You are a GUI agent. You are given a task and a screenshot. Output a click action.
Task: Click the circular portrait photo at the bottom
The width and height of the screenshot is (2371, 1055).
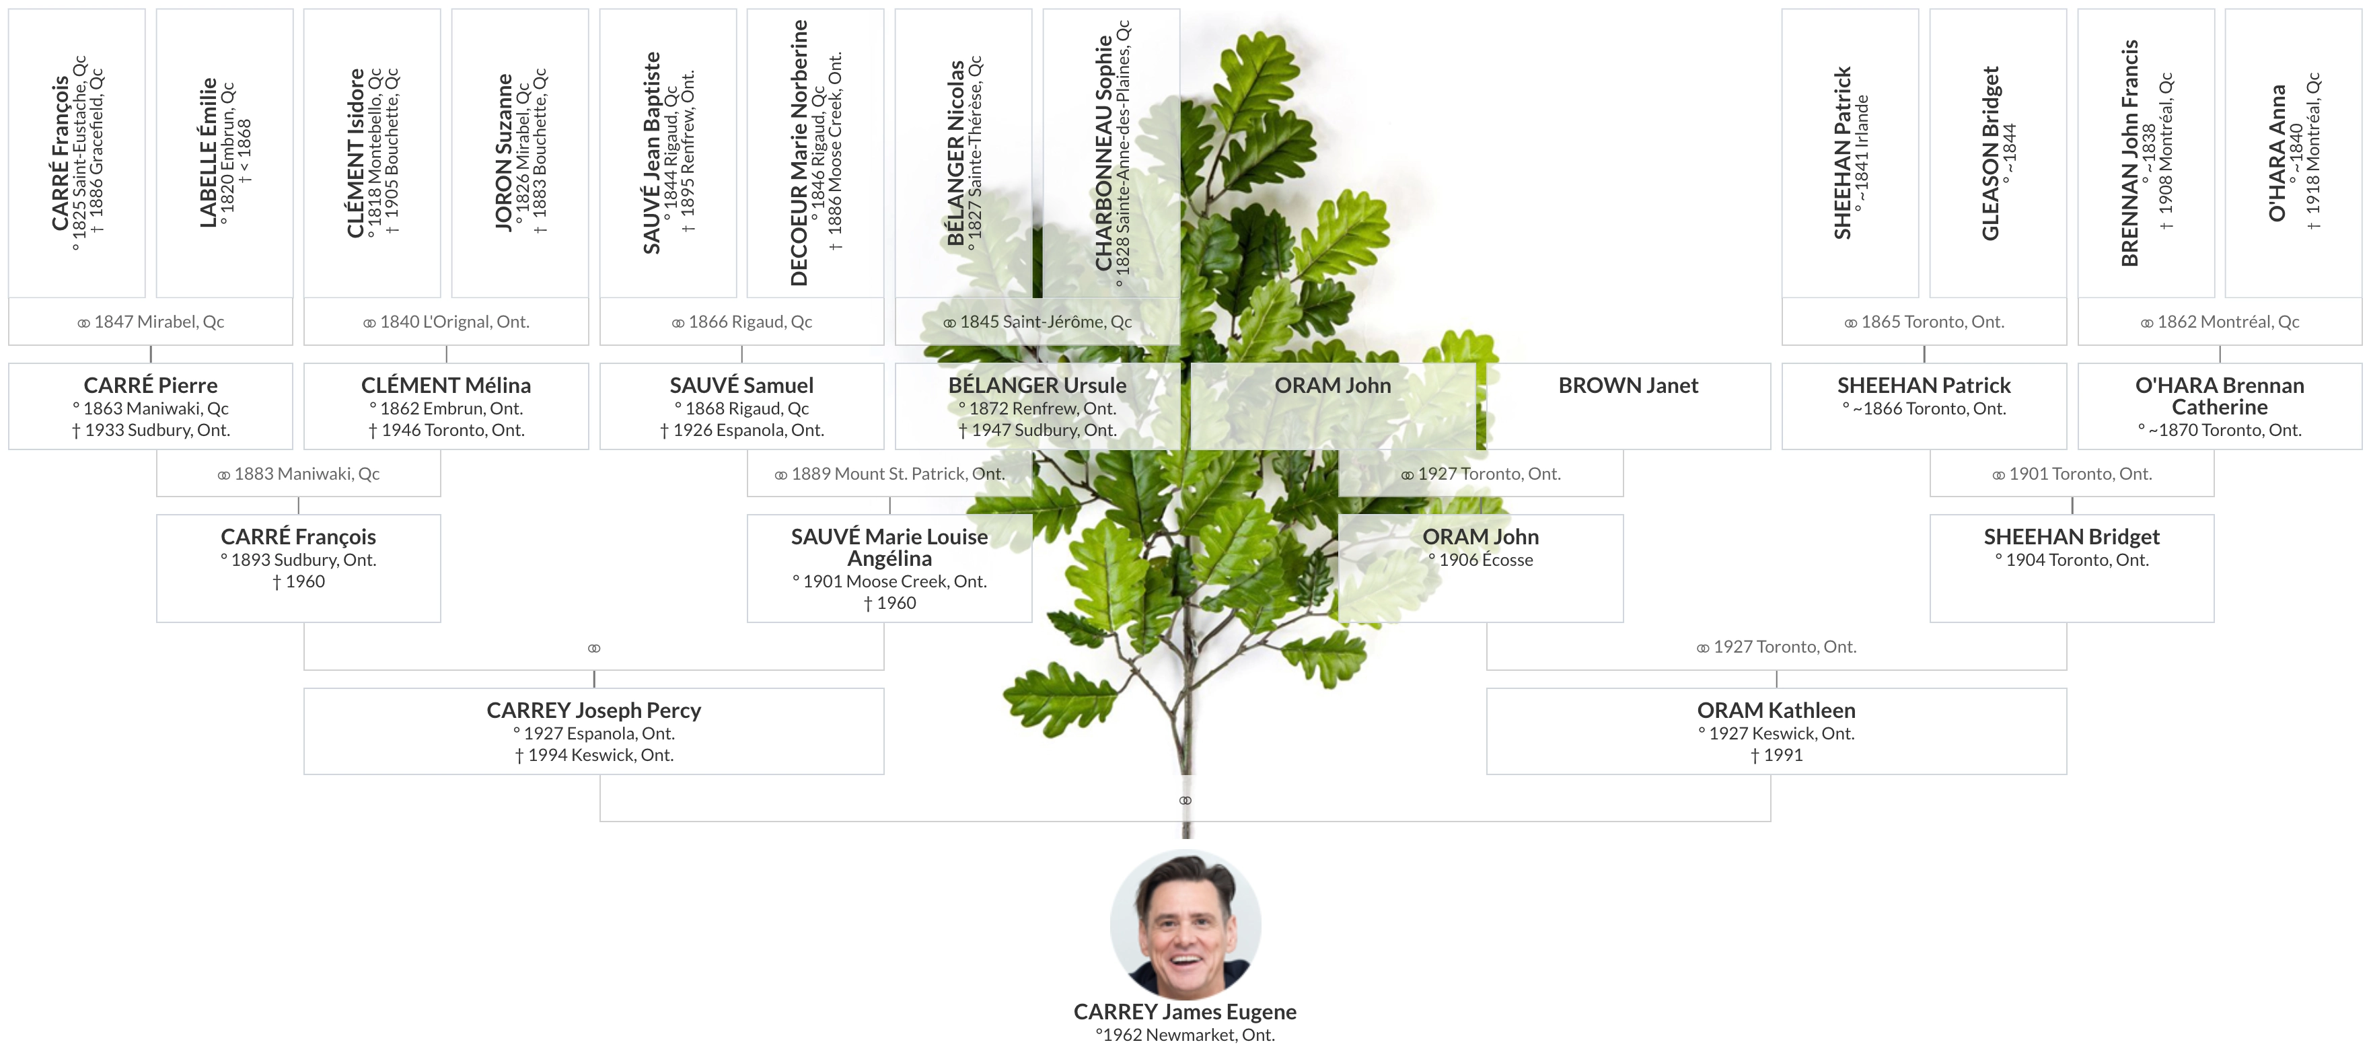[1185, 923]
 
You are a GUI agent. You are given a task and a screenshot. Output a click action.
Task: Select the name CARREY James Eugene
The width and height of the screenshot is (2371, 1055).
[1185, 1012]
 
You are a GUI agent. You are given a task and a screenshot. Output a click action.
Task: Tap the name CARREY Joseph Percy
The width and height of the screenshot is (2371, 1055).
[593, 711]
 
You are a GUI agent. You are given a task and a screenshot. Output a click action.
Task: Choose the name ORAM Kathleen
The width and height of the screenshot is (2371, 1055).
[1776, 711]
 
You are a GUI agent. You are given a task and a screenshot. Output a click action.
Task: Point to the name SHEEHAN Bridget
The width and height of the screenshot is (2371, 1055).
[2071, 537]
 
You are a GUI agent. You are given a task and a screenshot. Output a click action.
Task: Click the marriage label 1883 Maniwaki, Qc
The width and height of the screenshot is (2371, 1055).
[298, 474]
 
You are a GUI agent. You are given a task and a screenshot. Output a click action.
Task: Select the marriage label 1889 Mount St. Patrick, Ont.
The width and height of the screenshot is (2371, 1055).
[889, 474]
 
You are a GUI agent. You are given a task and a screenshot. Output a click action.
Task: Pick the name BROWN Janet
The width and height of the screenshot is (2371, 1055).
[1628, 386]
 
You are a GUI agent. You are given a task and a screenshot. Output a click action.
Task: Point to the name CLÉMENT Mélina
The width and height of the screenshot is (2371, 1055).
[445, 386]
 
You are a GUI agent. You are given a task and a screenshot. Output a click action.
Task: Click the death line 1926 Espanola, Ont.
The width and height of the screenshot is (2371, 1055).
[742, 430]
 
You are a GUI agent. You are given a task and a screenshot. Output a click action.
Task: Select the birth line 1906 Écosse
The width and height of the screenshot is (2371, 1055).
[1481, 560]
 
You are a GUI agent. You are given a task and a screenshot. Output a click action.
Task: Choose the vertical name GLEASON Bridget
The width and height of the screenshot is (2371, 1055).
[1990, 153]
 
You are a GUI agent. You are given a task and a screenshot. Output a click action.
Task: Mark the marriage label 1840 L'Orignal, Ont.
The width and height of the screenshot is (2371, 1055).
[446, 322]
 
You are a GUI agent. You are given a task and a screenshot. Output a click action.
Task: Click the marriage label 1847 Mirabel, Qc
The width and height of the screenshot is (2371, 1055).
[151, 322]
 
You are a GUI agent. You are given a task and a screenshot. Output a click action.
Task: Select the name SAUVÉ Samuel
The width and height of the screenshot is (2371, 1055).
[742, 386]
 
